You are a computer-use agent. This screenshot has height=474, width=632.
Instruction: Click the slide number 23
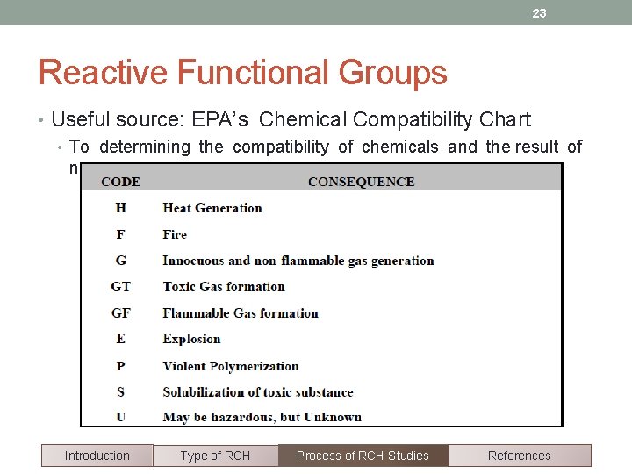pyautogui.click(x=539, y=13)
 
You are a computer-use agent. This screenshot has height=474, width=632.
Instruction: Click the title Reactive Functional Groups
pyautogui.click(x=242, y=73)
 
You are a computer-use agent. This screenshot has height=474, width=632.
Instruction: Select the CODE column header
pyautogui.click(x=120, y=182)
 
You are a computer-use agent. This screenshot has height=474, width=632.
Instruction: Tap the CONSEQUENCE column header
pyautogui.click(x=361, y=182)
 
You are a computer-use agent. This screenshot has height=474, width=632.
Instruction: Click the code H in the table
pyautogui.click(x=120, y=208)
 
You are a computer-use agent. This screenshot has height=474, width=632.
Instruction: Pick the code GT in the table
pyautogui.click(x=120, y=286)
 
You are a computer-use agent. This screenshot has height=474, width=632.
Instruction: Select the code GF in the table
pyautogui.click(x=120, y=312)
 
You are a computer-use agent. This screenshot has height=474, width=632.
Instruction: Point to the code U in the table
pyautogui.click(x=120, y=417)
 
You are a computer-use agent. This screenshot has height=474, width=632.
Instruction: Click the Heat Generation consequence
pyautogui.click(x=212, y=208)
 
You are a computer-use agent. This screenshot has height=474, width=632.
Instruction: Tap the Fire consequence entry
pyautogui.click(x=175, y=234)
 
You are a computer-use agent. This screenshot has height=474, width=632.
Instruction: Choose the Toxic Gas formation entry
pyautogui.click(x=224, y=286)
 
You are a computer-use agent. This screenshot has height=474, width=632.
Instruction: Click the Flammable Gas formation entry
pyautogui.click(x=241, y=312)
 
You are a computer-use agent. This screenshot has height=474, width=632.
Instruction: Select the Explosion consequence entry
pyautogui.click(x=191, y=339)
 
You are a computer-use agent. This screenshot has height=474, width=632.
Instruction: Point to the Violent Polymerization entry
pyautogui.click(x=231, y=365)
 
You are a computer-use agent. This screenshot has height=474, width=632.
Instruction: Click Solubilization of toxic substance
pyautogui.click(x=258, y=391)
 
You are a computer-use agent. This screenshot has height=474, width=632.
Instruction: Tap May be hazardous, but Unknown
pyautogui.click(x=262, y=417)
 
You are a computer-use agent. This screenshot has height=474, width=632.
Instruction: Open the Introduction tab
pyautogui.click(x=97, y=456)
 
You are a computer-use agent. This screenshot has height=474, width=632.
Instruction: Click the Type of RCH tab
pyautogui.click(x=215, y=456)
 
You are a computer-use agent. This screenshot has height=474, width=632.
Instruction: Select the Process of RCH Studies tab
pyautogui.click(x=363, y=456)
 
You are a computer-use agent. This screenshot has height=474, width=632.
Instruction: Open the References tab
pyautogui.click(x=519, y=456)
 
